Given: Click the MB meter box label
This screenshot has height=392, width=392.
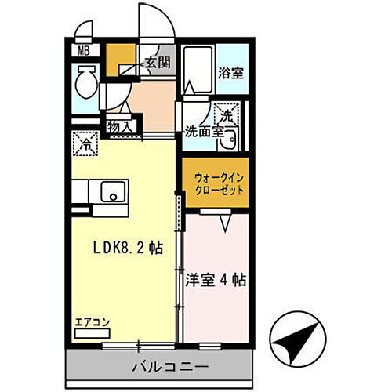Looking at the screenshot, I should (82, 53).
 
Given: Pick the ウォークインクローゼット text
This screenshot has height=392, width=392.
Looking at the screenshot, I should (216, 184).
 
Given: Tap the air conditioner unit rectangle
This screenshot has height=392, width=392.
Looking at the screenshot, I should (90, 332).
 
